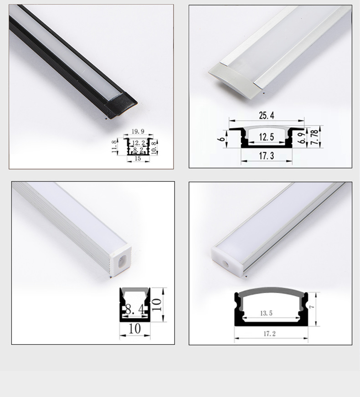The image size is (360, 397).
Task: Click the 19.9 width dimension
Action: pos(138,132)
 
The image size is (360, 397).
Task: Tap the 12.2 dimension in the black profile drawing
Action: pos(138,143)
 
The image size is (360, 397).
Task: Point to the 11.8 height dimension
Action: pos(115,147)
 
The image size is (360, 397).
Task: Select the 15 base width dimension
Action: pos(138,159)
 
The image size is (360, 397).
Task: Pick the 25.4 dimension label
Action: pos(267,116)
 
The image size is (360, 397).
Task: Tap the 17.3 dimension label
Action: pos(267,156)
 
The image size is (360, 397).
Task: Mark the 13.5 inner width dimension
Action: pos(267,313)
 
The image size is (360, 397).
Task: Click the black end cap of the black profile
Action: pos(119,108)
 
